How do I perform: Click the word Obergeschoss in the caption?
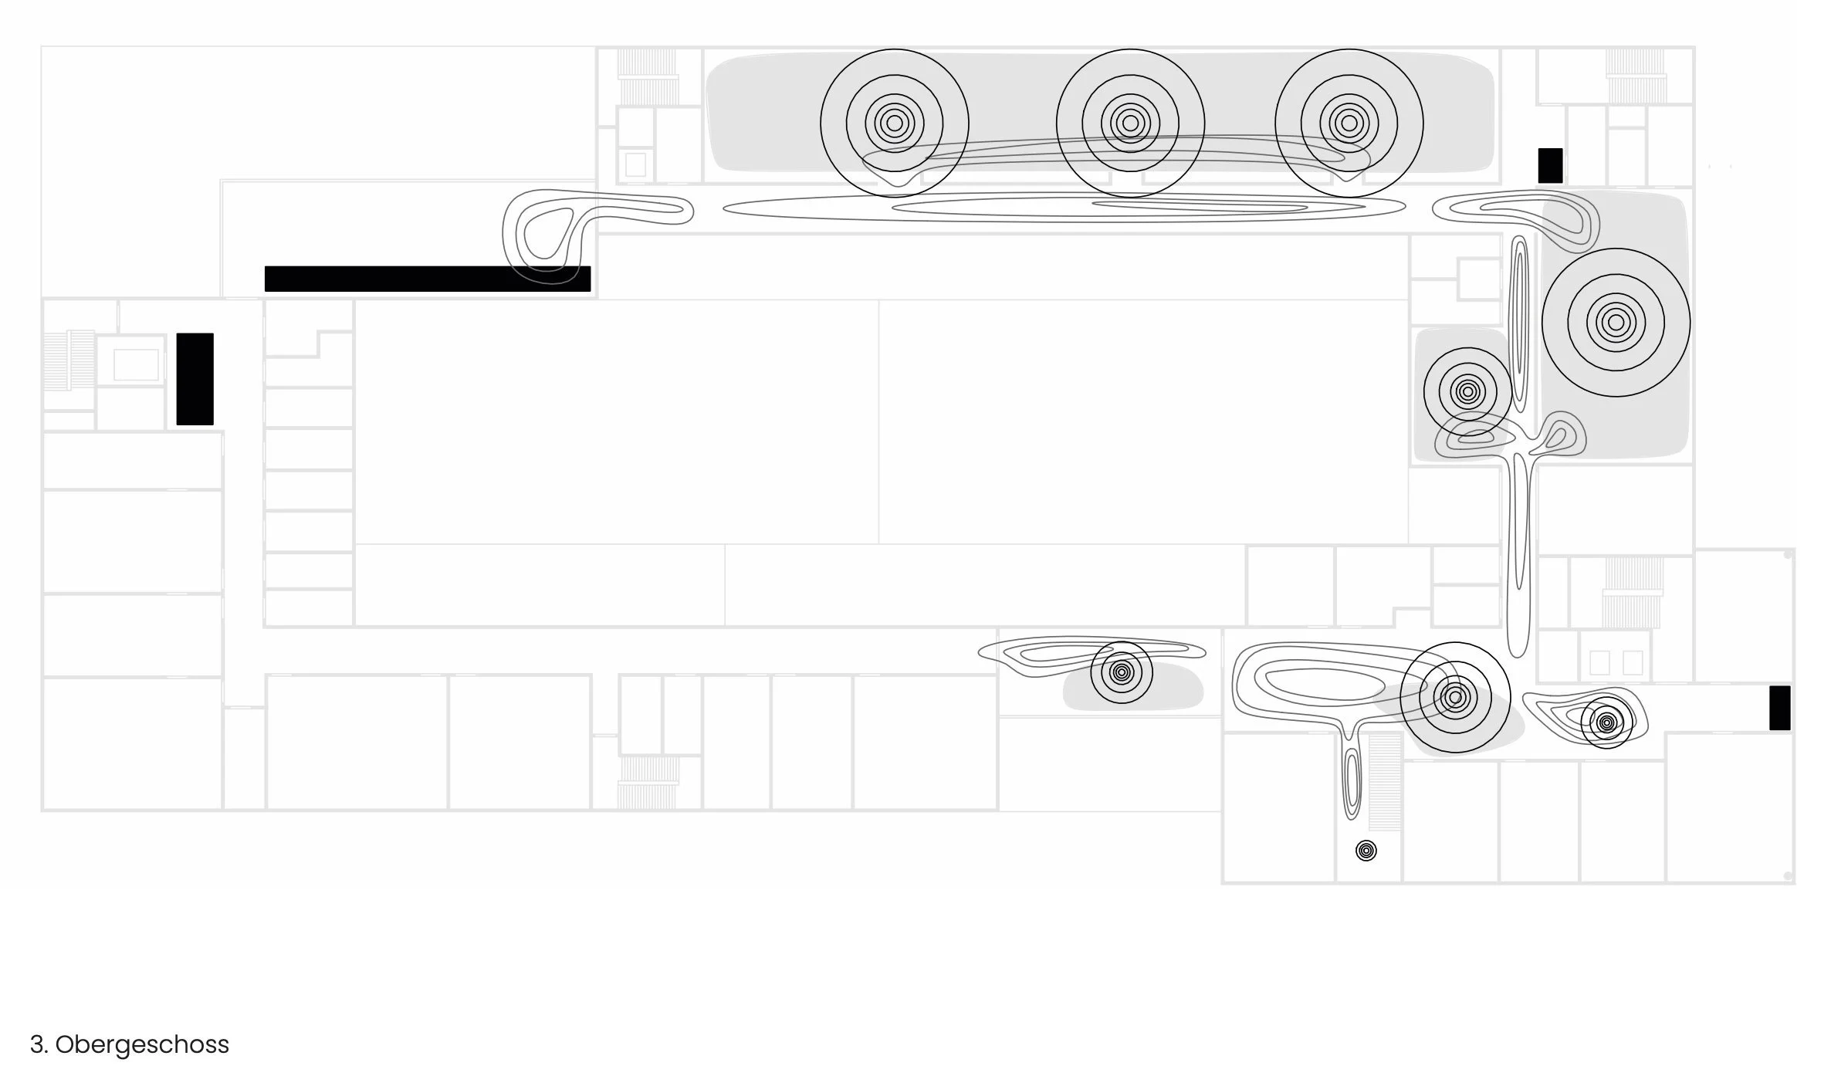(x=142, y=1044)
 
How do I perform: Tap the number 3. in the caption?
(x=39, y=1044)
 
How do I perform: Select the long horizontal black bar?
(x=427, y=279)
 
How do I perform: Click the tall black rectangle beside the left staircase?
(x=195, y=379)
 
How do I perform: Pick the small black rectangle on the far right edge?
(x=1779, y=707)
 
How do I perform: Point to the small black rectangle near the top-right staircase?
(x=1550, y=165)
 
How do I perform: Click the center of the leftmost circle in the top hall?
(x=894, y=123)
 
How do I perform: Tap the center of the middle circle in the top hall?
(x=1130, y=123)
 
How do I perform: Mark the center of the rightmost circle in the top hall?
(x=1349, y=123)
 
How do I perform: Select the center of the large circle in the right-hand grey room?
(x=1616, y=322)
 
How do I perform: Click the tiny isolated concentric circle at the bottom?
(x=1366, y=851)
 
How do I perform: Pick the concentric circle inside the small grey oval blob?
(x=1121, y=672)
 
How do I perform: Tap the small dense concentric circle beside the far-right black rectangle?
(x=1606, y=722)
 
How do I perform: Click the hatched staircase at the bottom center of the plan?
(x=647, y=781)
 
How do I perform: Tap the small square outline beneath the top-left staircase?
(x=635, y=164)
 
